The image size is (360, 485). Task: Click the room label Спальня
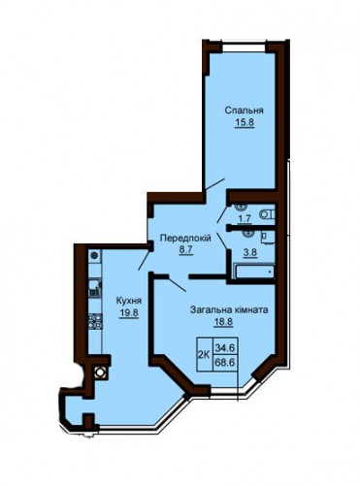245,111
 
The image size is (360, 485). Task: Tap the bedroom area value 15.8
244,123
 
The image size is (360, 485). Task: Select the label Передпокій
186,239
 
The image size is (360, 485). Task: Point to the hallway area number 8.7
185,250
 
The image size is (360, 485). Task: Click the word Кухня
129,301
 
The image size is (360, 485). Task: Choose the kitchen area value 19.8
129,313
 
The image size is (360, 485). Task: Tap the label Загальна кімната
229,310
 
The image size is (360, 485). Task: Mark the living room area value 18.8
223,322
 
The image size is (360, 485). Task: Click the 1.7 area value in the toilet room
245,219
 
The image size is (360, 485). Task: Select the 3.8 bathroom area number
250,252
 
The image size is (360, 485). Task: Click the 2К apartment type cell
204,354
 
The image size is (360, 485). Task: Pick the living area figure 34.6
225,348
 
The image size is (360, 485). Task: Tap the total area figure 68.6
225,363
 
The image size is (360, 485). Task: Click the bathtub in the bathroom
255,272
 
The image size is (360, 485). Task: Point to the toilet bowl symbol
267,214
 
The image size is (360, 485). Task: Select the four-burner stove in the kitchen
95,321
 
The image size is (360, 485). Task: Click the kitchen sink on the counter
95,288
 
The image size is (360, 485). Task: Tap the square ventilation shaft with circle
100,372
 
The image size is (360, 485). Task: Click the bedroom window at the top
244,48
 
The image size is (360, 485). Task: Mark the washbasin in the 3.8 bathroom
249,234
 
